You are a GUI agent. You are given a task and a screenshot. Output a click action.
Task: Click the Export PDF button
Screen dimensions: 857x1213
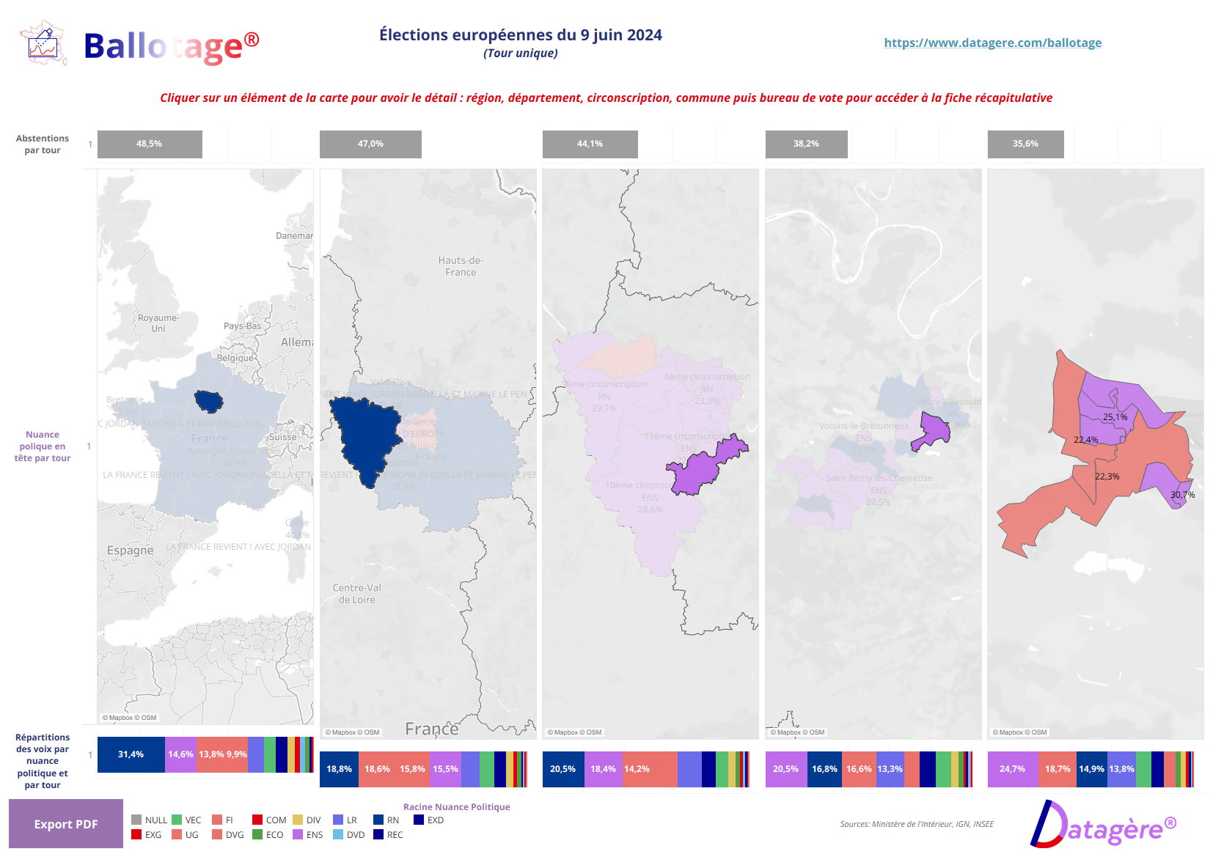[66, 824]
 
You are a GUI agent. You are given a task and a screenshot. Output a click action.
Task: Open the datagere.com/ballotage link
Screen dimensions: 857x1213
[992, 43]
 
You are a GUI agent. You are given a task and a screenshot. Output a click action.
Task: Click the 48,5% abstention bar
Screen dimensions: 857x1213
[150, 144]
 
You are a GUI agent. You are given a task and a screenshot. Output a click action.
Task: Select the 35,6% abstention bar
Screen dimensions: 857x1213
[1025, 144]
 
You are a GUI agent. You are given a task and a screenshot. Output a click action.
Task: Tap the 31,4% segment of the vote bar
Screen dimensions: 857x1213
[131, 754]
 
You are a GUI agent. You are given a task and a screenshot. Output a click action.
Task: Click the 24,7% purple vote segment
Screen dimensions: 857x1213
[1012, 769]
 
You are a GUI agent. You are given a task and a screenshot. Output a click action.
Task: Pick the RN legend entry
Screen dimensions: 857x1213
[387, 820]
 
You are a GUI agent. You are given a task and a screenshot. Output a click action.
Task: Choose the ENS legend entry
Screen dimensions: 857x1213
[308, 835]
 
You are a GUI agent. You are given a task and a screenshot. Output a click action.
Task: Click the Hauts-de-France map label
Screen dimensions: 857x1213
[461, 266]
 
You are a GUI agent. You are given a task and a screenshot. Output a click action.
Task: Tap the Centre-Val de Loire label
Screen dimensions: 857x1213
[356, 594]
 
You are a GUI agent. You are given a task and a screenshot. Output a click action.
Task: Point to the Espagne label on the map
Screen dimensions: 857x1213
[131, 551]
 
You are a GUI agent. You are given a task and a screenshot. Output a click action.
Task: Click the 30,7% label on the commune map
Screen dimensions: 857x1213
[1182, 495]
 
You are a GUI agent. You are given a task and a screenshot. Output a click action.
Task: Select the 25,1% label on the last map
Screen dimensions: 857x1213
[1115, 417]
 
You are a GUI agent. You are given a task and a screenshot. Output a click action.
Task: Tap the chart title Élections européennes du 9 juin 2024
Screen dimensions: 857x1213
[520, 35]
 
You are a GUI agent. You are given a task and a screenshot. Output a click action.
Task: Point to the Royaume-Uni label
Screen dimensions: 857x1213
[158, 323]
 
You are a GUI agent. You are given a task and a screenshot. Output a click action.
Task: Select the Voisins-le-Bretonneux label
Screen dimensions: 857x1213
[863, 426]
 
